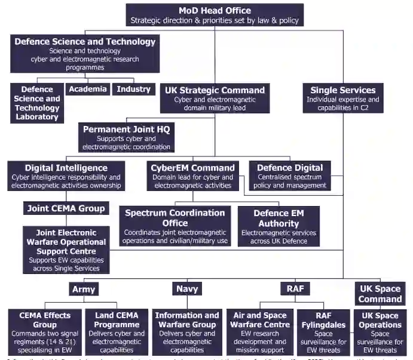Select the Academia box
coord(87,90)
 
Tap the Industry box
coord(133,90)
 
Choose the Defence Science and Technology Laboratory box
coord(37,103)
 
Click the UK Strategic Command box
coord(215,98)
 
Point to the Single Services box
coord(342,98)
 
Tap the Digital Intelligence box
coord(66,176)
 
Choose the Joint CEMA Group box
coord(66,208)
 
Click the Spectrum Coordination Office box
coord(175,226)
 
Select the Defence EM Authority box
coord(279,226)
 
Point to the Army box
coord(84,289)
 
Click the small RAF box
coord(295,289)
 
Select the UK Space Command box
coord(380,294)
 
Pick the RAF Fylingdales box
coord(323,332)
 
